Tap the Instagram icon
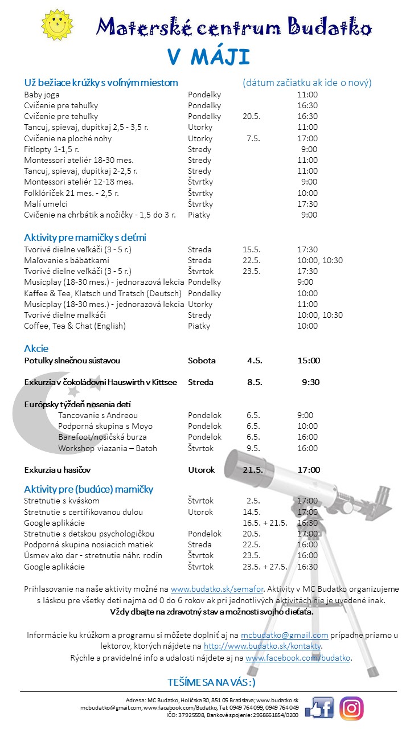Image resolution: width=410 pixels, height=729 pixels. point(351,708)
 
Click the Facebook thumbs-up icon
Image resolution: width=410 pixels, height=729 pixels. point(319,708)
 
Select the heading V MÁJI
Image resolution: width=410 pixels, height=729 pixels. point(208,58)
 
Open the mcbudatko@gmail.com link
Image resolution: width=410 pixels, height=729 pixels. point(284,635)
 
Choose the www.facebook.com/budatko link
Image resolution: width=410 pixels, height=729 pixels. point(298,658)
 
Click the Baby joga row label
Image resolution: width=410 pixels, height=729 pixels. point(42,95)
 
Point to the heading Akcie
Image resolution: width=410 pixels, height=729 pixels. point(36,349)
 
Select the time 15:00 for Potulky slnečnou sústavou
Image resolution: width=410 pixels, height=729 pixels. point(309,361)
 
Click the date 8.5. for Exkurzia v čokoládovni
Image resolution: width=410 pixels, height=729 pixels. point(255,382)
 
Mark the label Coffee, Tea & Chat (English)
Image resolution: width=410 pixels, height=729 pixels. point(75,326)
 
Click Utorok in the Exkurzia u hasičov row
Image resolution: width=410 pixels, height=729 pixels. point(202,470)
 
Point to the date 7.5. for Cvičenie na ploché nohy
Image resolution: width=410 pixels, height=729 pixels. point(253,138)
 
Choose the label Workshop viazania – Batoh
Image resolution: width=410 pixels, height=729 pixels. point(108,448)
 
